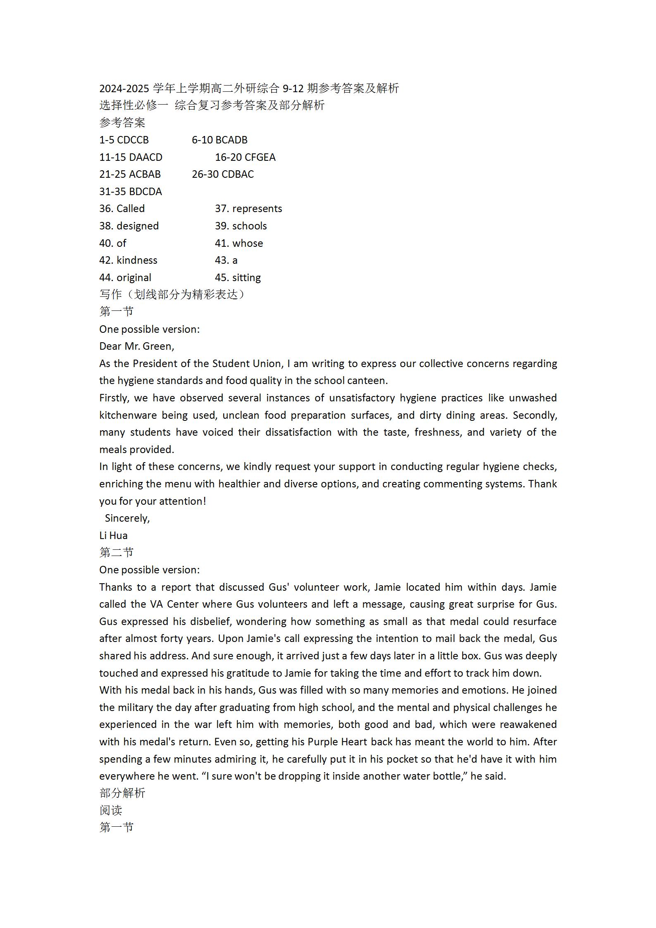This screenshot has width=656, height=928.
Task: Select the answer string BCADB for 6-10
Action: [231, 140]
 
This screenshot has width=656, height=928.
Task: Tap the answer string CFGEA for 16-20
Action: [260, 157]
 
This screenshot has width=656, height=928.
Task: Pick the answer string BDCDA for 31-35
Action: [146, 192]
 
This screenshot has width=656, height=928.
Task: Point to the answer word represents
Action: [257, 209]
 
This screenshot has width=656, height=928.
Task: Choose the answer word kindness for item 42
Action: [137, 260]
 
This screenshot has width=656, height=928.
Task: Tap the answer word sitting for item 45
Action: [246, 278]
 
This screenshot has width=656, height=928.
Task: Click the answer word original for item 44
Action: [134, 278]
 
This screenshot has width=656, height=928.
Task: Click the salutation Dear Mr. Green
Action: [136, 346]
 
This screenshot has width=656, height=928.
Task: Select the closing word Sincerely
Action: [127, 518]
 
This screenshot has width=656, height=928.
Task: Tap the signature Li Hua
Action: [113, 536]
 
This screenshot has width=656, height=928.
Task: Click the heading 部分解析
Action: [122, 793]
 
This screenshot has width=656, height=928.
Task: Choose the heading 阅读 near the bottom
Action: [111, 811]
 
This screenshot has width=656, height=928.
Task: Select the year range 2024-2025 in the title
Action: [124, 88]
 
